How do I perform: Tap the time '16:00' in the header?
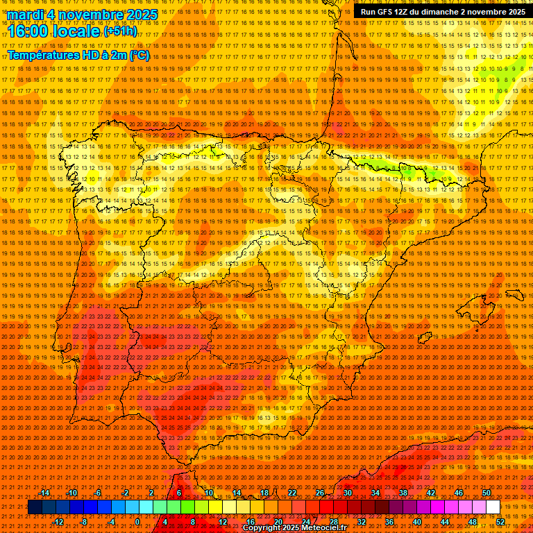coord(28,31)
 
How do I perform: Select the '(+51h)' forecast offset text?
coord(120,31)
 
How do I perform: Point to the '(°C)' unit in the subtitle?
coord(139,55)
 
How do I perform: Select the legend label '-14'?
coord(44,493)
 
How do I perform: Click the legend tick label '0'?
coord(137,522)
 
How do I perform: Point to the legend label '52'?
coord(500,522)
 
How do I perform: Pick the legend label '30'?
coord(347,493)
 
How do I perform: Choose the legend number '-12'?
coord(58,522)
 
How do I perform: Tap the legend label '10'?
coord(208,493)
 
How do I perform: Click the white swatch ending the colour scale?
coord(493,507)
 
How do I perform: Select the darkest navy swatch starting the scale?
coord(35,507)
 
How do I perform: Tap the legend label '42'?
coord(430,493)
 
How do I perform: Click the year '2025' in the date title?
coord(139,15)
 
